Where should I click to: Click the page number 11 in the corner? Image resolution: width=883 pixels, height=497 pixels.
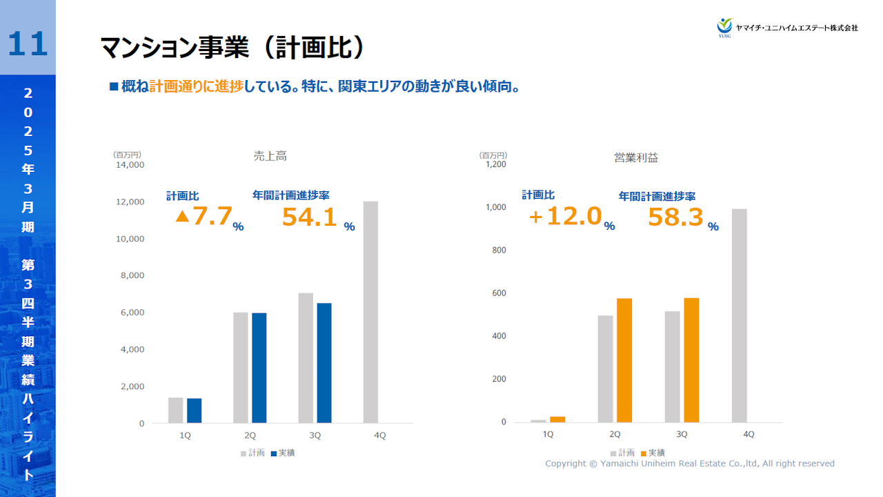(x=28, y=43)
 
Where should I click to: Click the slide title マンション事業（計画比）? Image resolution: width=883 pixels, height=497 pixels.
(x=232, y=48)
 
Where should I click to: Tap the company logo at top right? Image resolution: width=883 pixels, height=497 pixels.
(x=787, y=28)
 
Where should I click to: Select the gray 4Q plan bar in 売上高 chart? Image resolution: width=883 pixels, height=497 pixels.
(x=370, y=312)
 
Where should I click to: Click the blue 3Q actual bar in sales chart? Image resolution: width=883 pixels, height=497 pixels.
(x=324, y=362)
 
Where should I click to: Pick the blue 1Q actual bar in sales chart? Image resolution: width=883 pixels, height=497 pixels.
(x=194, y=410)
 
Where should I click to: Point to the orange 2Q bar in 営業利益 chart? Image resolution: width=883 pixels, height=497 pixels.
(x=624, y=360)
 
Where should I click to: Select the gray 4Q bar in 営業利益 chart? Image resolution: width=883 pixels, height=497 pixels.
(x=739, y=315)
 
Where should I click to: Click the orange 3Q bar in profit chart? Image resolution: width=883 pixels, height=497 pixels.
(x=691, y=360)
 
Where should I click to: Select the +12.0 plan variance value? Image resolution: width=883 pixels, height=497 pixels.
(x=565, y=217)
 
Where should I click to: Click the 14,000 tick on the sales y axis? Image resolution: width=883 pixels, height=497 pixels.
(x=128, y=165)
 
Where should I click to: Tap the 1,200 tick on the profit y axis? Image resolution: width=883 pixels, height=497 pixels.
(x=495, y=164)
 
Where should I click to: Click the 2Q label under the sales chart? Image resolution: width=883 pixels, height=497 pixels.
(x=250, y=436)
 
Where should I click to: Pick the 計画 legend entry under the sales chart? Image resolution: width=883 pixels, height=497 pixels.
(x=252, y=453)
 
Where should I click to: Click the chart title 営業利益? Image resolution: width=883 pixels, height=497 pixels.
(x=636, y=157)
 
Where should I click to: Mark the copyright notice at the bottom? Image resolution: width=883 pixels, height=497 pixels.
(x=690, y=464)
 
